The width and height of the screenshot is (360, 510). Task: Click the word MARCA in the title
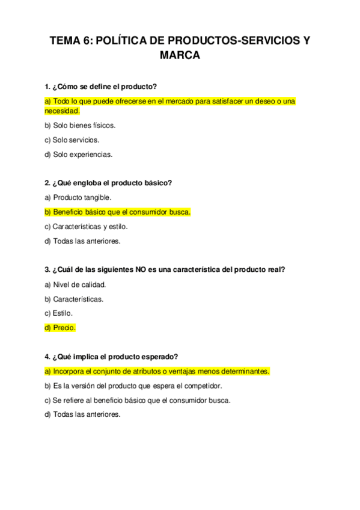180,56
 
